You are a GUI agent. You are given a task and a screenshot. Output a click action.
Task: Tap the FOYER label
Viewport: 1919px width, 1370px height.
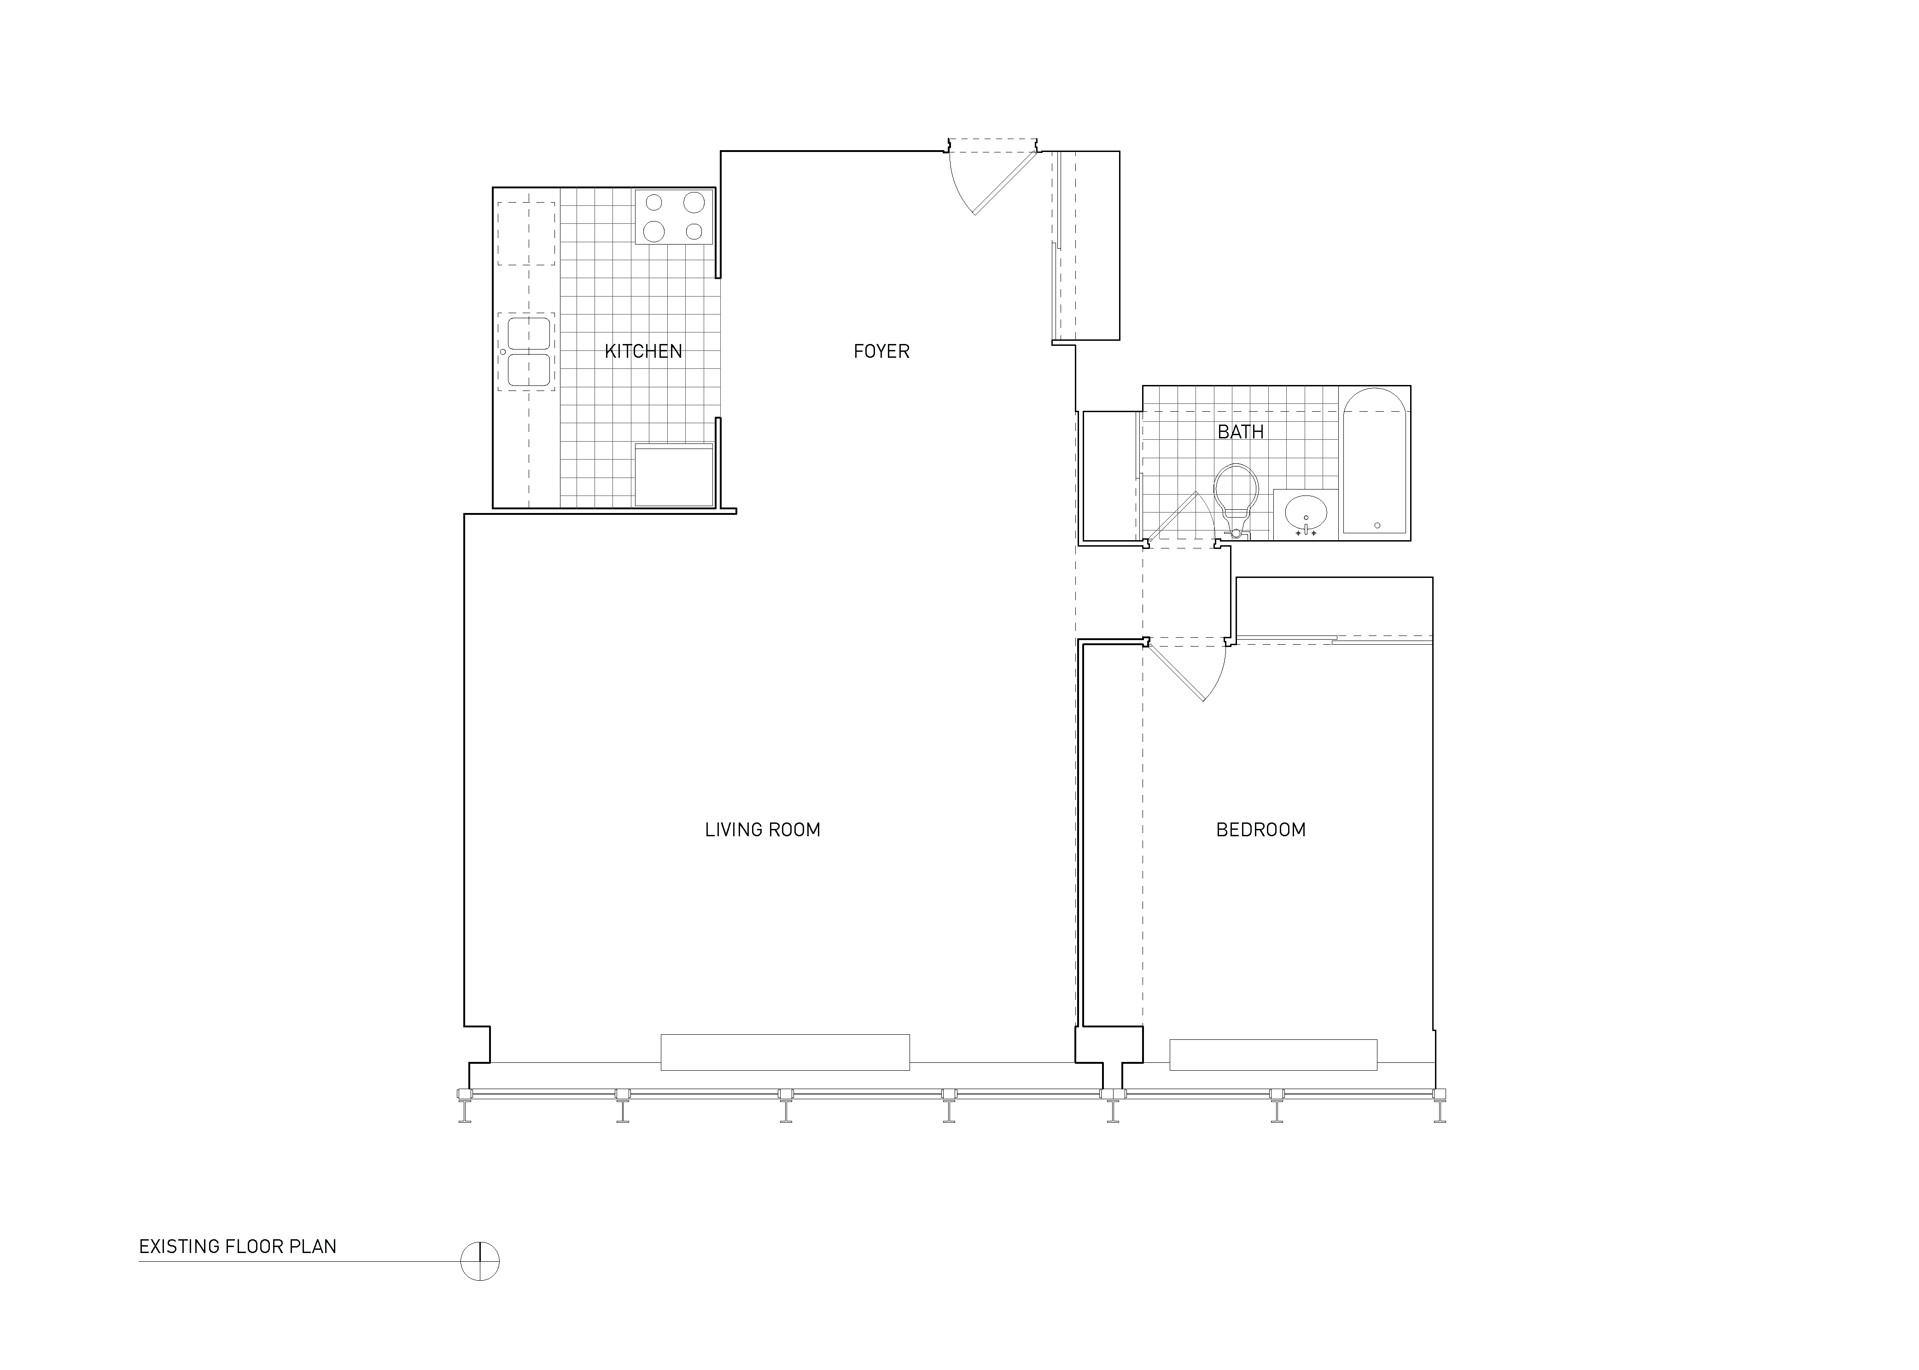tap(881, 351)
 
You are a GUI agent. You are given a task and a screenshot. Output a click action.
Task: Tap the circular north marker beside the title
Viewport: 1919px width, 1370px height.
tap(480, 1261)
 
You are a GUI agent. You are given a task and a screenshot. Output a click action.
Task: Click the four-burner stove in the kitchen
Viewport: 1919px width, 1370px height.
tap(674, 217)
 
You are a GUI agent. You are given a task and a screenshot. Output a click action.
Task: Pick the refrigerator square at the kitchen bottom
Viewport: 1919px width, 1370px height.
tap(674, 475)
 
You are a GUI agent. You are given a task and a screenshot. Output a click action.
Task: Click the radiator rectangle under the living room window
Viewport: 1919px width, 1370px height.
tap(784, 1052)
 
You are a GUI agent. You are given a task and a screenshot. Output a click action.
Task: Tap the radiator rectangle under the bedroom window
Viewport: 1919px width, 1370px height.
tap(1273, 1055)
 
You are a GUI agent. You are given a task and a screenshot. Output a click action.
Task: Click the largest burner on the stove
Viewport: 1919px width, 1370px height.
tap(694, 203)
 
